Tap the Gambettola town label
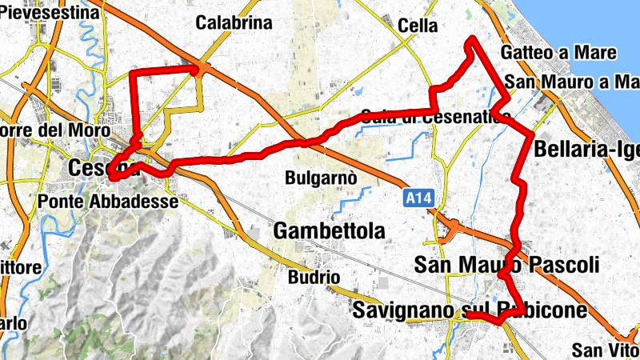click(x=329, y=231)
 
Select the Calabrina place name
click(x=234, y=22)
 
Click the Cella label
click(x=418, y=26)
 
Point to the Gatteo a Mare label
click(x=559, y=53)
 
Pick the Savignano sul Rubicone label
click(x=472, y=310)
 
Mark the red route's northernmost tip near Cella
click(x=473, y=38)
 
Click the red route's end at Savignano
click(x=467, y=316)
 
